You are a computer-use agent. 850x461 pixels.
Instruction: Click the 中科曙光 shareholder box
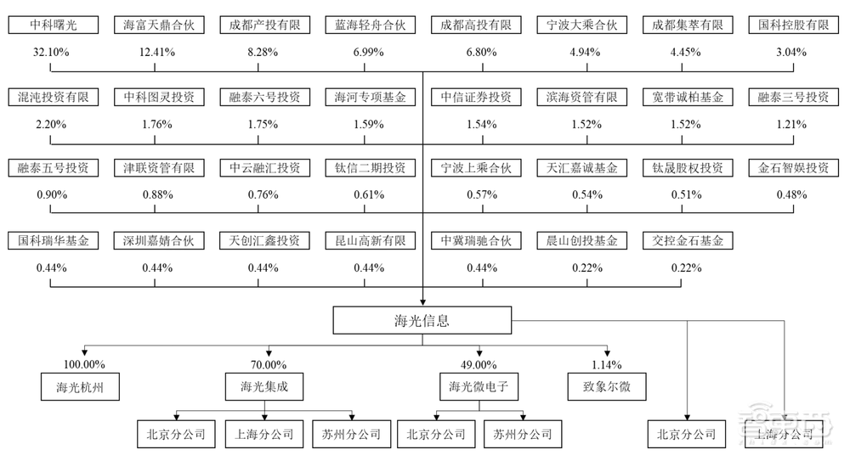[x=51, y=25]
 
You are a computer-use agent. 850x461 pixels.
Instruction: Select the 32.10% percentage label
[x=51, y=53]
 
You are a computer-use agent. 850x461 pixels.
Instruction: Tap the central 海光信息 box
[x=422, y=321]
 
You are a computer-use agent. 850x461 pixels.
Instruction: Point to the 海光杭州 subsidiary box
[x=82, y=389]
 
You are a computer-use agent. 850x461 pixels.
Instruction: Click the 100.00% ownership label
[x=82, y=365]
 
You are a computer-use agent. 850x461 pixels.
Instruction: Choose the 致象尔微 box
[x=607, y=389]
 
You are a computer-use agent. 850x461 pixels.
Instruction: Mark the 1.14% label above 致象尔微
[x=607, y=365]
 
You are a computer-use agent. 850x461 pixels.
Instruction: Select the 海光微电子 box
[x=479, y=389]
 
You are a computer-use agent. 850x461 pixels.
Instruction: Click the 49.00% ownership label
[x=479, y=365]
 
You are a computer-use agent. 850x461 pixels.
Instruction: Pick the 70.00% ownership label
[x=267, y=365]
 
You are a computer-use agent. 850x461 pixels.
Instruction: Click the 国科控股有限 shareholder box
[x=793, y=25]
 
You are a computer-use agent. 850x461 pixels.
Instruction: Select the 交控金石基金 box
[x=687, y=241]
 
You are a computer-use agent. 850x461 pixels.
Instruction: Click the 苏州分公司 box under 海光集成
[x=352, y=435]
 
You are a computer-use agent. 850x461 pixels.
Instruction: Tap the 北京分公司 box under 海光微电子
[x=436, y=435]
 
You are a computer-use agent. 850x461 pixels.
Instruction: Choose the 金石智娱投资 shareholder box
[x=793, y=168]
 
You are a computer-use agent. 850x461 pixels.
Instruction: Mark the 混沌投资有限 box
[x=51, y=97]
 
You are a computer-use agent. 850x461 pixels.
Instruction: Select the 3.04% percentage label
[x=793, y=53]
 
